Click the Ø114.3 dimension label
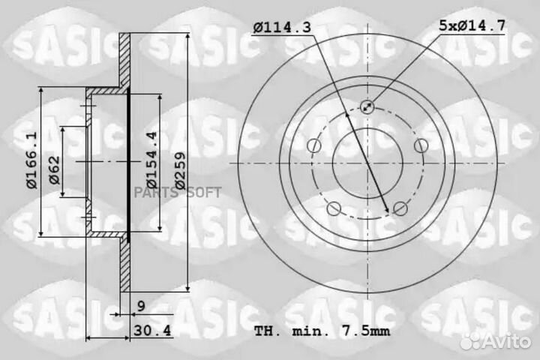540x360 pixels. pos(282,27)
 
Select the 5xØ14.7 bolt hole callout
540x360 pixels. pos(472,25)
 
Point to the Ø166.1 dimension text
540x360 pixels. pos(31,160)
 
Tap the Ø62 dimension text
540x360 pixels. pos(55,170)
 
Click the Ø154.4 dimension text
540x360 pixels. pos(151,160)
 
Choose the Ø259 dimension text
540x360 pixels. pos(180,170)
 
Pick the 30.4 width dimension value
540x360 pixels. pos(152,331)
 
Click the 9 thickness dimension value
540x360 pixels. pos(141,306)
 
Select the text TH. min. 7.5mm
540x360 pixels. pos(322,331)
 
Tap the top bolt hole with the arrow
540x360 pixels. pos(367,106)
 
